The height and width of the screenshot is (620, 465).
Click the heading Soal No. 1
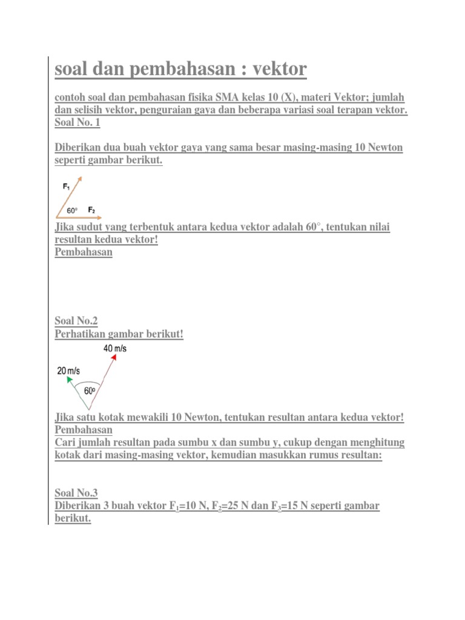[x=77, y=123]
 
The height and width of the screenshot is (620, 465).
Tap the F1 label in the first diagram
[x=66, y=187]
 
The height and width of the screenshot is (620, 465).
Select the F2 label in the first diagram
[x=91, y=209]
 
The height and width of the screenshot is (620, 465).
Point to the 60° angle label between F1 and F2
[x=72, y=211]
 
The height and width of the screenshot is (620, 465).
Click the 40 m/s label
[x=115, y=348]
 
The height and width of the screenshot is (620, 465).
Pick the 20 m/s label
[x=68, y=370]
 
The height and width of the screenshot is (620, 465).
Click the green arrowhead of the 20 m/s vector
[x=69, y=380]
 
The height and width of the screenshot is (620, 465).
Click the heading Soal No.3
[x=76, y=493]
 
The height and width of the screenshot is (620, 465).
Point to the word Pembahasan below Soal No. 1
[x=84, y=252]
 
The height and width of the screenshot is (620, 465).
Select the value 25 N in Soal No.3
[x=233, y=506]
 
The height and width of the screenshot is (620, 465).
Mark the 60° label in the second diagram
[x=90, y=391]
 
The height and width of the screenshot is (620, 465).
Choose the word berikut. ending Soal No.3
[x=73, y=519]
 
